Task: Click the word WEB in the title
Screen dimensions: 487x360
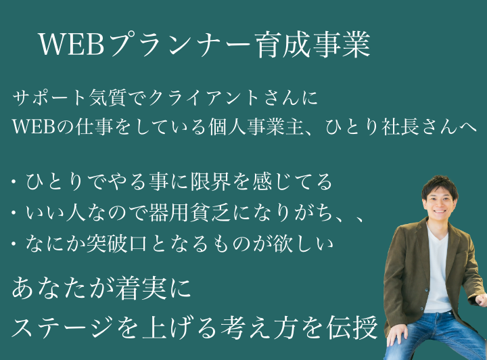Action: click(72, 44)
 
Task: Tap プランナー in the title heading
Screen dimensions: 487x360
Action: click(179, 44)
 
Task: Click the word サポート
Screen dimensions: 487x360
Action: click(49, 98)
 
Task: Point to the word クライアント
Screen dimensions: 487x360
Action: click(204, 98)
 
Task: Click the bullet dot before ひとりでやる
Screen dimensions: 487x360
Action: click(14, 181)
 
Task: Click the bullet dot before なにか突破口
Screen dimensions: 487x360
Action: click(14, 244)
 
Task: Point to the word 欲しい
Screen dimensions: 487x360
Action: click(303, 244)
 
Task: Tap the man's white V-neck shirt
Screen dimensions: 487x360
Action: click(438, 267)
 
